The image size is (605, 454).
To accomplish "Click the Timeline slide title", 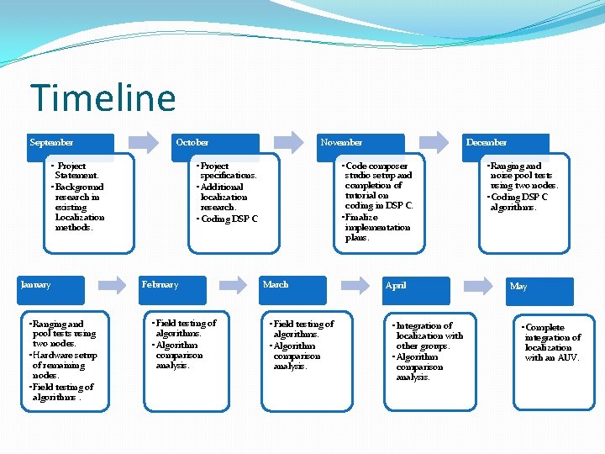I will [x=103, y=98].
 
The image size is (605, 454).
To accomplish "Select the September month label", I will [x=51, y=143].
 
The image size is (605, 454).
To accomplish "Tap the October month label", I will [x=192, y=143].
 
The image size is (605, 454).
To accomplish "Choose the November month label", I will [x=341, y=143].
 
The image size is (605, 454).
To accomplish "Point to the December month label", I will [x=487, y=143].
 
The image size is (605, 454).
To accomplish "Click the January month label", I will [x=35, y=285].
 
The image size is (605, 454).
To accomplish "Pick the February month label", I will [x=160, y=285].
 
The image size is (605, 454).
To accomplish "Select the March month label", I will [x=276, y=285].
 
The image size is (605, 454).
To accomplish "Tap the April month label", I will [x=395, y=286].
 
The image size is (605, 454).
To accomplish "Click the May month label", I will [x=518, y=287].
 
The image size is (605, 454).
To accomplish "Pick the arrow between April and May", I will [x=477, y=285].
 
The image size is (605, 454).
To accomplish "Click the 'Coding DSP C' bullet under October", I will [x=228, y=219].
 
